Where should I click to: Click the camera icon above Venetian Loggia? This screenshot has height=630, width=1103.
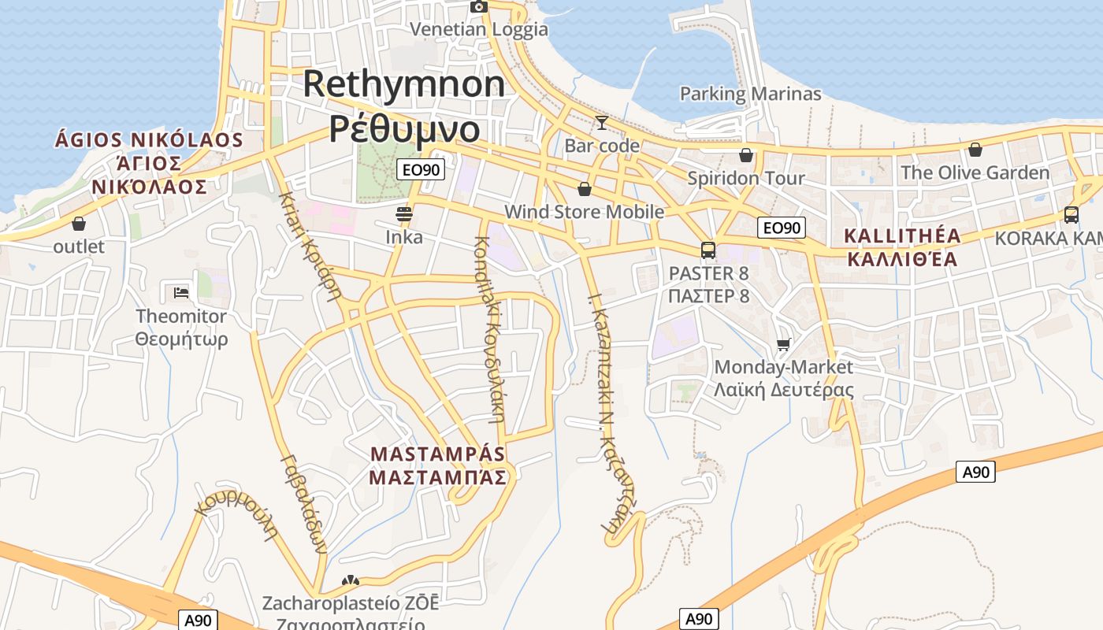tap(478, 6)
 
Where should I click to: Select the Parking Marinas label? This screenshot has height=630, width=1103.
tap(750, 94)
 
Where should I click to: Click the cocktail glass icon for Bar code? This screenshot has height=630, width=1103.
tap(601, 123)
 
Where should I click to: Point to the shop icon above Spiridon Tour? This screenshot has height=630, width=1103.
tap(745, 155)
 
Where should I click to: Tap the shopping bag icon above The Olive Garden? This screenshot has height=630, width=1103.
tap(975, 150)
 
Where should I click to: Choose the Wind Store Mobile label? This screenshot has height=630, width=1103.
tap(584, 212)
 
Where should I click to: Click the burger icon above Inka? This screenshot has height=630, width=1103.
tap(404, 213)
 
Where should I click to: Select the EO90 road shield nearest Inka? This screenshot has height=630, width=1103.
tap(422, 169)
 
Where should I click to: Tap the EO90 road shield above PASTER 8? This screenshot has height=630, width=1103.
tap(782, 228)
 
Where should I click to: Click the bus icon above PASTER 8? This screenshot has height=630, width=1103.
tap(708, 250)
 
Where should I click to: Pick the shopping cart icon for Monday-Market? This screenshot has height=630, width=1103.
tap(783, 344)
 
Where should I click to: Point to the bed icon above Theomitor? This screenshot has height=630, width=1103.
tap(181, 293)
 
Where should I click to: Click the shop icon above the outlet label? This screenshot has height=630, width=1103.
tap(79, 224)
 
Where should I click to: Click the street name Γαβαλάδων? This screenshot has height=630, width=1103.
tap(303, 504)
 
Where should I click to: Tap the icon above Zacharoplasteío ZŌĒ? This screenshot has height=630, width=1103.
tap(350, 581)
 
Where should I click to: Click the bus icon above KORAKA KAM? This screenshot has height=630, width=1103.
tap(1071, 214)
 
